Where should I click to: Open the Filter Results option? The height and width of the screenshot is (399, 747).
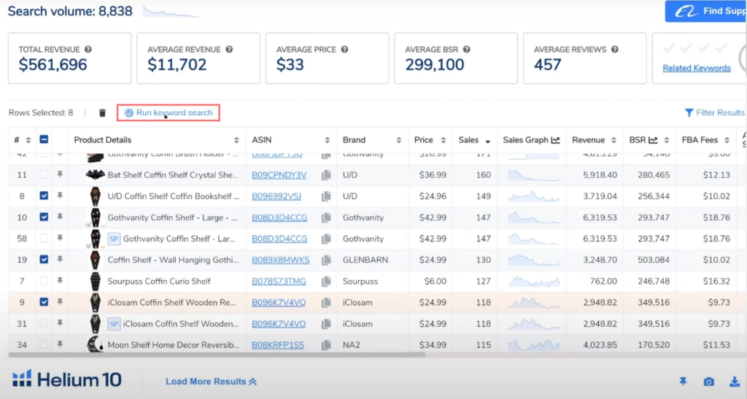714,113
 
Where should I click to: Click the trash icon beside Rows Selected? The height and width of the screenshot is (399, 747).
102,113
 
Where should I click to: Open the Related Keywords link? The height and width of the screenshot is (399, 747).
696,69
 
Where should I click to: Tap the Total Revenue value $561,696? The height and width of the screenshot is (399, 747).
53,65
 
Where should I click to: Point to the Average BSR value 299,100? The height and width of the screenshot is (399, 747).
435,65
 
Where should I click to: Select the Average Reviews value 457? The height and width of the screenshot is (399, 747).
548,65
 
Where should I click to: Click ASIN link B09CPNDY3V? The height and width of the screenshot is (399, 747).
279,175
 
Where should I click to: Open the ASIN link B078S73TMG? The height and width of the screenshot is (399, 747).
279,282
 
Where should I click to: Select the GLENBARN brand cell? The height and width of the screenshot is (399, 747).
365,260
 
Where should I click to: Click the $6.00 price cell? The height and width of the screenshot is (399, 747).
424,282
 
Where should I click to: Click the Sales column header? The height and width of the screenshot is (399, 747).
468,140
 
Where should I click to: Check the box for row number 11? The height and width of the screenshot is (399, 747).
43,175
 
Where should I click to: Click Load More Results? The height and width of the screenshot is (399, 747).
211,381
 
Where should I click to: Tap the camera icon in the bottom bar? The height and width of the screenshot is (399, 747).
708,381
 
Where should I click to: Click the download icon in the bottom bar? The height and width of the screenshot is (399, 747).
735,381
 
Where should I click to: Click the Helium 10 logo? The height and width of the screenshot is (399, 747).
67,379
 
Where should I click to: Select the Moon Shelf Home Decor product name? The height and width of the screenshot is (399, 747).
173,345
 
